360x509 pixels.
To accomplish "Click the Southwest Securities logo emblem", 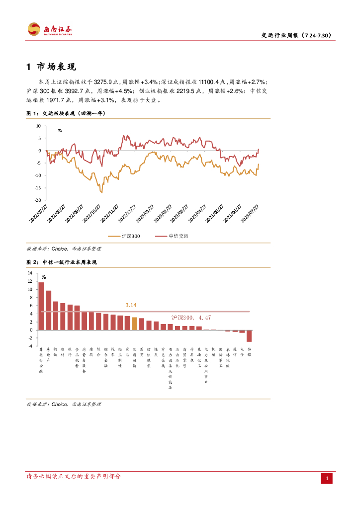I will [x=34, y=29].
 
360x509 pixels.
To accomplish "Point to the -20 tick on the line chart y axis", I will [x=38, y=200].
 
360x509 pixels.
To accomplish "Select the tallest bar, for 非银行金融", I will [x=41, y=306].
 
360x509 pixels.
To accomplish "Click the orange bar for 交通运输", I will [x=134, y=324].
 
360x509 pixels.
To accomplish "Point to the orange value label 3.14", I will [x=131, y=304].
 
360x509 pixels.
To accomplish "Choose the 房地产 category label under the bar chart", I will [x=48, y=353].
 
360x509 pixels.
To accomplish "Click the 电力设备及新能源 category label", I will [x=170, y=368].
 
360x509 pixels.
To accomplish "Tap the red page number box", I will [x=326, y=478].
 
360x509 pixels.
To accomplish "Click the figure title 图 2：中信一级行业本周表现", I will [x=61, y=262].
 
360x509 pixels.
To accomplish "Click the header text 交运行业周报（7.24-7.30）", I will [x=296, y=35].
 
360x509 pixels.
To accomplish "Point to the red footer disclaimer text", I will [x=74, y=476].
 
